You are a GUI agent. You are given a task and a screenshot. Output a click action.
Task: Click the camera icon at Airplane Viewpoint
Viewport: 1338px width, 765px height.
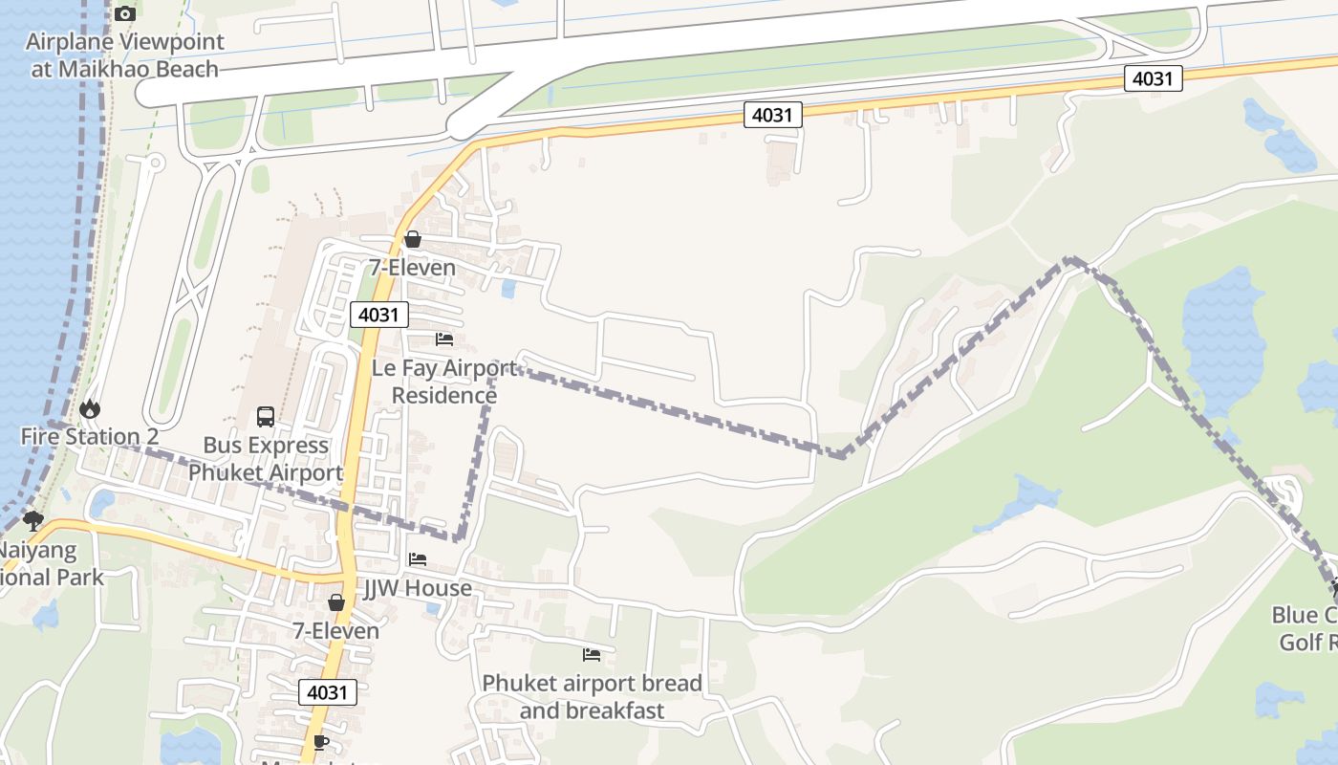[125, 13]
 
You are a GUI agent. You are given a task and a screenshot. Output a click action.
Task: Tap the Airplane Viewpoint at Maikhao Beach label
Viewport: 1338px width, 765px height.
[125, 55]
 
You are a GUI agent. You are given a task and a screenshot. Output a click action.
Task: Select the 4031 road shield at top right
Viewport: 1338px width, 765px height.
[1152, 78]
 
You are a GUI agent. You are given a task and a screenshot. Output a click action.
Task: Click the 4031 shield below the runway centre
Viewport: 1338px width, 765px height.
[772, 115]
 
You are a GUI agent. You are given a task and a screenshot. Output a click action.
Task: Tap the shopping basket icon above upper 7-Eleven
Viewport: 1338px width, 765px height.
[413, 239]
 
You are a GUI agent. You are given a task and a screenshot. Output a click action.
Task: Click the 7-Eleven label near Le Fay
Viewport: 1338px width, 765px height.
[413, 268]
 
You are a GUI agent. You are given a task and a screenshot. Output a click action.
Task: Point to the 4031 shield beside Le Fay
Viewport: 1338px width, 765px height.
[379, 315]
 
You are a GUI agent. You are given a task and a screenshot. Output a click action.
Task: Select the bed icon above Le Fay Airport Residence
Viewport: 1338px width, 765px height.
[444, 339]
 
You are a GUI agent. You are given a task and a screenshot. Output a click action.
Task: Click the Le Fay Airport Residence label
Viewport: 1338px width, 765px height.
[444, 382]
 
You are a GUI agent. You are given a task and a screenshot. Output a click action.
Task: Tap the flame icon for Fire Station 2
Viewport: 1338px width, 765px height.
[90, 409]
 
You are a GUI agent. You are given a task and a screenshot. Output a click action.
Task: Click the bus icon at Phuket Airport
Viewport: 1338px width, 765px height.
[266, 417]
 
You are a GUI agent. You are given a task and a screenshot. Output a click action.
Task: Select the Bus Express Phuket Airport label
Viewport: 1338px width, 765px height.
[266, 459]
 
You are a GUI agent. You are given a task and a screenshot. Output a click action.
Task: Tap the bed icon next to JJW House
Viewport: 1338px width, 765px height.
[418, 559]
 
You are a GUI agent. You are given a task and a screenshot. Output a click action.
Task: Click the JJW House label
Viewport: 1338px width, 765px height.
[418, 588]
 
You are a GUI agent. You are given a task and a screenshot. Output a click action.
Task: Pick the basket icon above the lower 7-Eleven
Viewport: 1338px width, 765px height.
[335, 602]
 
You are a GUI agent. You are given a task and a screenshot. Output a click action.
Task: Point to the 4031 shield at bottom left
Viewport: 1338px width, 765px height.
[328, 692]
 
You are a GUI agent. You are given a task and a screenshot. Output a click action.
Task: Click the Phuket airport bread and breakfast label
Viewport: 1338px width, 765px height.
[592, 697]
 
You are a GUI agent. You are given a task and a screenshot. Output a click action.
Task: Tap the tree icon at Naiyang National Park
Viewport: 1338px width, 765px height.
[33, 521]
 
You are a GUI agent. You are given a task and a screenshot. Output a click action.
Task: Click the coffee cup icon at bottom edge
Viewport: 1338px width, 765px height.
[321, 742]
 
